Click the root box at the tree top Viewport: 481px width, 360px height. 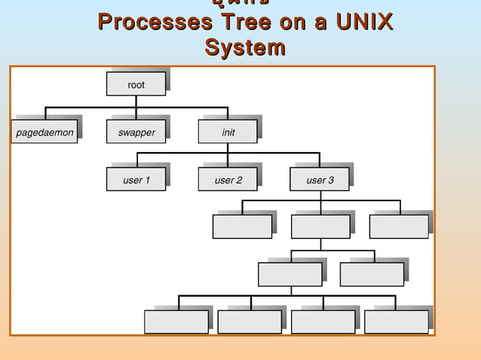[136, 85]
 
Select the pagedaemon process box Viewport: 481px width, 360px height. [44, 133]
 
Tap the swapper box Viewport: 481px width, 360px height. [136, 133]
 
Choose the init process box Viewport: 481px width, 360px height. [228, 133]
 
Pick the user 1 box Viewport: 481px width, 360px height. [136, 180]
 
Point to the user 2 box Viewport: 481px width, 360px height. [228, 180]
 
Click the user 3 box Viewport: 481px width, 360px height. [320, 180]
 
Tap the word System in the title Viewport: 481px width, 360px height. [245, 48]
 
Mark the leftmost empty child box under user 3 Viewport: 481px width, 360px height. [242, 227]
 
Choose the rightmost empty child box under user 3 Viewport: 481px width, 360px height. [399, 227]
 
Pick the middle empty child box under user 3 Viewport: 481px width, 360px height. [320, 227]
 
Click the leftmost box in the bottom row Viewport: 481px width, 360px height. [176, 322]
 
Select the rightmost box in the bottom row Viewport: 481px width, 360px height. [396, 322]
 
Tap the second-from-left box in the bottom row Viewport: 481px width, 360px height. [250, 322]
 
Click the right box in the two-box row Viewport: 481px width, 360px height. [372, 274]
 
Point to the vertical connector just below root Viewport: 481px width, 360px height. [136, 102]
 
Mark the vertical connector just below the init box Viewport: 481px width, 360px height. [228, 148]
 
